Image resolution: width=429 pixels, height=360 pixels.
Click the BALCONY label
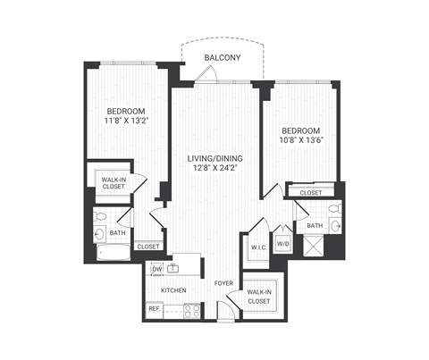tap(221, 57)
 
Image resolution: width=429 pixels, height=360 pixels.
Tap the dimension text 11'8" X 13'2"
tap(124, 124)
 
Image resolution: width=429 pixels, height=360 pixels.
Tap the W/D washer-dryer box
tap(282, 243)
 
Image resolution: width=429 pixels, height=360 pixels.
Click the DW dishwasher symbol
tap(156, 268)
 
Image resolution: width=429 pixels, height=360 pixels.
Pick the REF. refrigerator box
tap(154, 309)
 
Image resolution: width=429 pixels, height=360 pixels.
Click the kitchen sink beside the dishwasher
tap(177, 267)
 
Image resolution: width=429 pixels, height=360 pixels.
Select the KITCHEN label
tap(172, 291)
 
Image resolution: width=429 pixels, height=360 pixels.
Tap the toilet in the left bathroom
tap(101, 217)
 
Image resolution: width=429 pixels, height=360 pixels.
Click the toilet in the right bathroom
tap(333, 211)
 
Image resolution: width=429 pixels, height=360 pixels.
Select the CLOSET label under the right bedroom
tap(310, 192)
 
